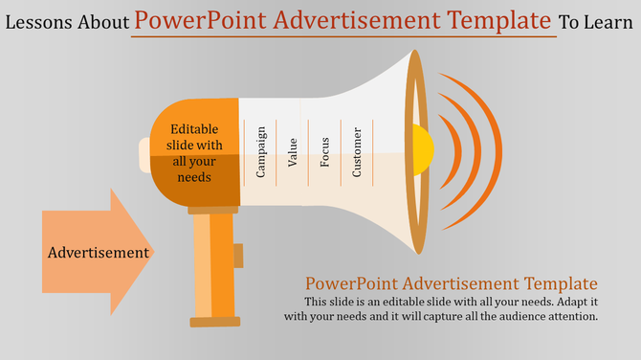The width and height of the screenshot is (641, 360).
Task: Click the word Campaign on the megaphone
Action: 260,152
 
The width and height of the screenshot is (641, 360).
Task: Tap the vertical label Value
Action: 293,152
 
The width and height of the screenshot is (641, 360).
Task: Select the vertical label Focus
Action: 325,152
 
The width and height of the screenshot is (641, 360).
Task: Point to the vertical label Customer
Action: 357,152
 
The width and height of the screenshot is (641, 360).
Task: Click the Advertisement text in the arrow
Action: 99,253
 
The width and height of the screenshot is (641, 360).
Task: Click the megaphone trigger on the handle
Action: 238,256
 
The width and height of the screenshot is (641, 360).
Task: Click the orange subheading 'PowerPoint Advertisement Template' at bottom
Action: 451,283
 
